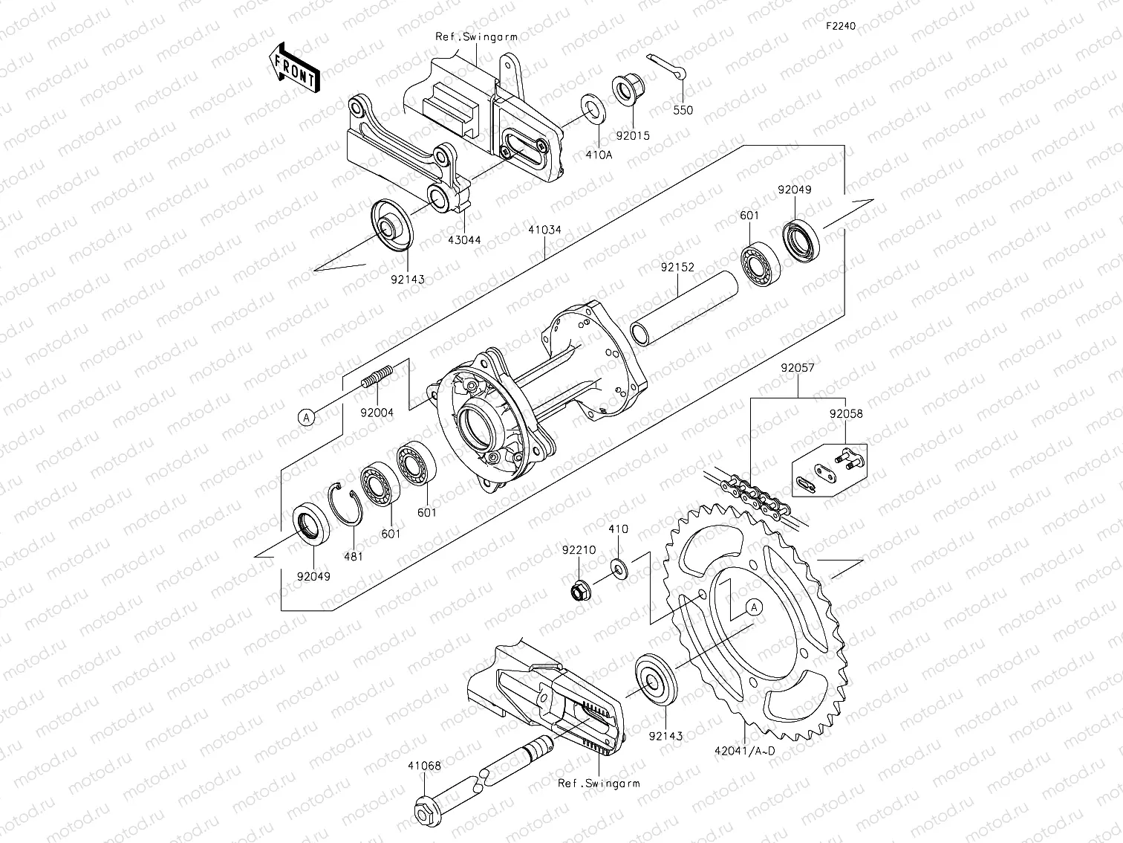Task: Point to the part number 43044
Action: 466,239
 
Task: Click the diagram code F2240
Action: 841,26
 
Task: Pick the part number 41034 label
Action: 545,230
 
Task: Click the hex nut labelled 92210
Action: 579,592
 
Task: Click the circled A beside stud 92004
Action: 306,418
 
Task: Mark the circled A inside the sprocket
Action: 754,607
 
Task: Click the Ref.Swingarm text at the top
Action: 476,36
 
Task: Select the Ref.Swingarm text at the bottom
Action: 598,783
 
